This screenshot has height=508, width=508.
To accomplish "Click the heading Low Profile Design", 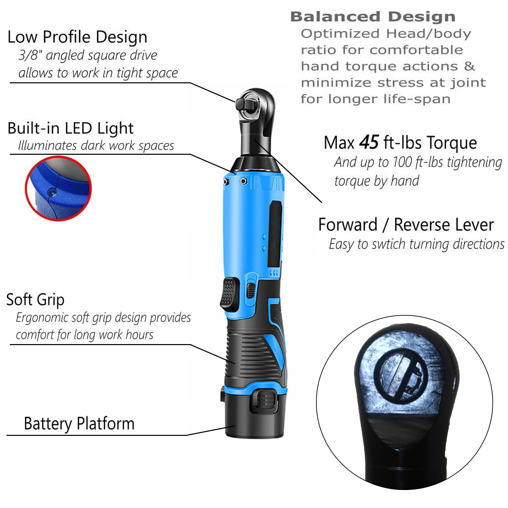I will tap(77, 37).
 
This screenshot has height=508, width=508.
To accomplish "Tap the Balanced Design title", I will tap(373, 17).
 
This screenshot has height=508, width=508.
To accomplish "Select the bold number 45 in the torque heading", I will tap(369, 142).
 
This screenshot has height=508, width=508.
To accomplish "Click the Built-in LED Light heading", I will tap(70, 128).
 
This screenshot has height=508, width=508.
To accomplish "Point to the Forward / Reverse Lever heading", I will tap(406, 225).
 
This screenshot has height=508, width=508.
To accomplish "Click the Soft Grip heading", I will tap(35, 300).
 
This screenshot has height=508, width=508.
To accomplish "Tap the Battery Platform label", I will tap(79, 423).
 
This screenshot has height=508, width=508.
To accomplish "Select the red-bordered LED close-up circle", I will tap(58, 188).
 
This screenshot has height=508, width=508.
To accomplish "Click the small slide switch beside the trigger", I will tap(251, 290).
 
